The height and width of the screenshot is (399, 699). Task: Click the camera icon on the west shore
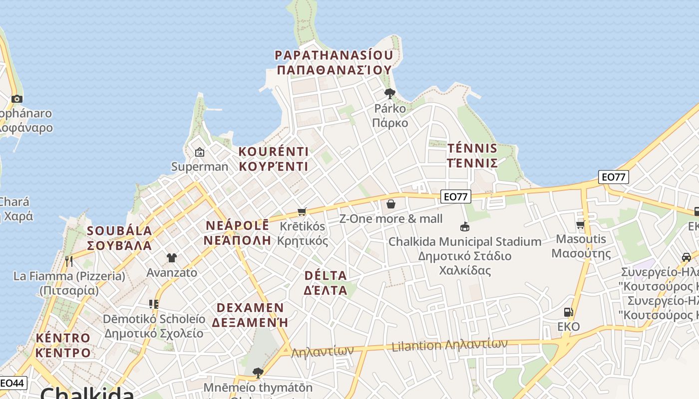click(x=17, y=99)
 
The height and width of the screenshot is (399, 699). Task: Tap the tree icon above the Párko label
click(x=390, y=93)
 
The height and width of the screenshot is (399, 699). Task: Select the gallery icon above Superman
click(x=200, y=152)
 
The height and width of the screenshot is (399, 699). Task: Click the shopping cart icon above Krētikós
click(x=302, y=211)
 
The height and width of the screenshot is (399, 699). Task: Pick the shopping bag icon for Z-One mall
click(x=391, y=204)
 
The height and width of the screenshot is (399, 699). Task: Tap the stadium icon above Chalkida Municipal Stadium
click(x=465, y=227)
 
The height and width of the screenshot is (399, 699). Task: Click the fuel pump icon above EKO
click(x=568, y=312)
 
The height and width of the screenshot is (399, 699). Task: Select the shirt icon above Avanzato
click(x=172, y=258)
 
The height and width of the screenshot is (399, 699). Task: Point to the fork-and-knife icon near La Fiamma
click(x=69, y=261)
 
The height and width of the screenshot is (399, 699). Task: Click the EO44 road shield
click(x=12, y=383)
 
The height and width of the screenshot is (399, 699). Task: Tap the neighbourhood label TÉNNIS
click(x=472, y=148)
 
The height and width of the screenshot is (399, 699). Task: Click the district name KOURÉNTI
click(x=273, y=152)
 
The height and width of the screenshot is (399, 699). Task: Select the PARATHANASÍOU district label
click(x=334, y=55)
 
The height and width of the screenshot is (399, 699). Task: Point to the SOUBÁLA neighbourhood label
click(x=119, y=231)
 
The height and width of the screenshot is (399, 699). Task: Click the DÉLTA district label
click(x=325, y=275)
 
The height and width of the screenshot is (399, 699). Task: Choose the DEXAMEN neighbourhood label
click(x=250, y=308)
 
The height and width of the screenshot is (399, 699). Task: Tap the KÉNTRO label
click(x=63, y=338)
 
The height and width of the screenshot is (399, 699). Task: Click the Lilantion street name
click(x=417, y=346)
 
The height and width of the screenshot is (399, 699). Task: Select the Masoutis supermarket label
click(x=581, y=239)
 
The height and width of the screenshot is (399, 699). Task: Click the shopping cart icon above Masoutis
click(x=580, y=225)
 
